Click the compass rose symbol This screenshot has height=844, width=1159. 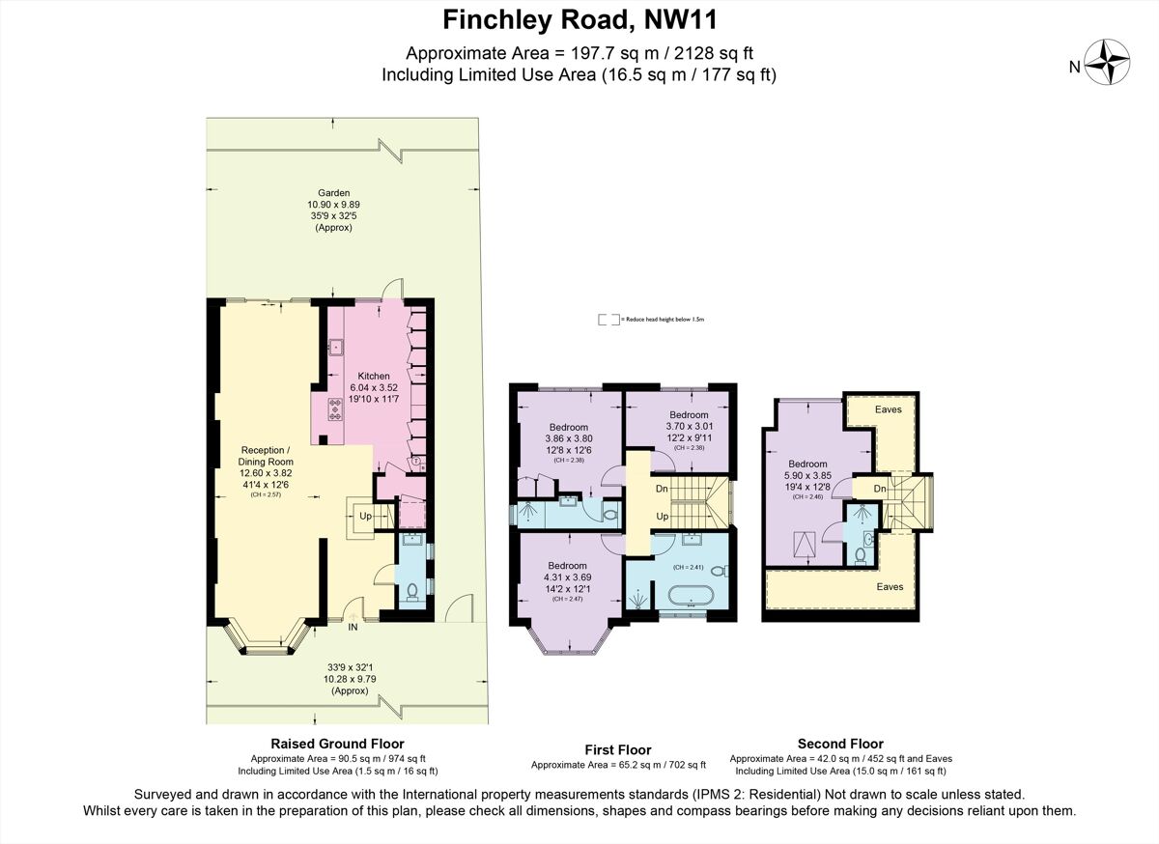point(1110,65)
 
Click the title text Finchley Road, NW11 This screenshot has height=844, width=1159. point(579,18)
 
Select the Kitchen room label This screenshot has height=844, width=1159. point(374,376)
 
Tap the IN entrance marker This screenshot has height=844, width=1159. point(353,628)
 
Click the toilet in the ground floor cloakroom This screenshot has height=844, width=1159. point(412,590)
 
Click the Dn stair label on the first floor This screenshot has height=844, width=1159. point(661,490)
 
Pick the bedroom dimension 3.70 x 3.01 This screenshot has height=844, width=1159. point(689,426)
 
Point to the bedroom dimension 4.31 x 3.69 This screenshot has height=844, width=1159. point(567,577)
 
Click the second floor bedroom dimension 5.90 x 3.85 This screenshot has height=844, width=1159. point(806,475)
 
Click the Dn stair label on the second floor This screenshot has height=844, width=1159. point(880,489)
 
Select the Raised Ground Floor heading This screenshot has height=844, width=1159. point(338,744)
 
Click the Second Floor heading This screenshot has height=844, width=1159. point(840,744)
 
